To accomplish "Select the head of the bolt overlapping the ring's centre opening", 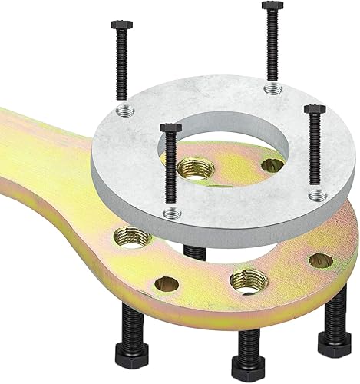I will tap(170, 128).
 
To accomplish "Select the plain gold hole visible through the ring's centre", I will tap(271, 165).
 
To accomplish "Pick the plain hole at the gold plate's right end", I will tap(320, 260).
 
